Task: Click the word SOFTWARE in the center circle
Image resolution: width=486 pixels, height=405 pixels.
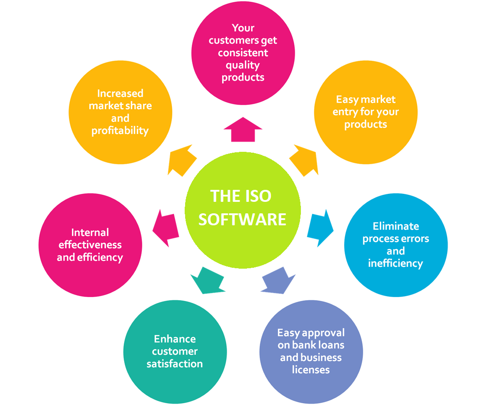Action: click(242, 219)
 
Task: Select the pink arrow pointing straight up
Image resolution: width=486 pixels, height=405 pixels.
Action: click(243, 129)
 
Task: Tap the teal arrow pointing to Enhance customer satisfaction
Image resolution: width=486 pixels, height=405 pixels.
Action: click(208, 281)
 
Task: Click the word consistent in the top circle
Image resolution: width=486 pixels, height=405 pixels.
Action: click(243, 53)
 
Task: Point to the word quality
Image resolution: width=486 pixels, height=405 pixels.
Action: click(243, 65)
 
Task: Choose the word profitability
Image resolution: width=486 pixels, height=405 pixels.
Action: click(120, 131)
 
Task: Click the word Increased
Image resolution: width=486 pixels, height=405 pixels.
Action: click(120, 93)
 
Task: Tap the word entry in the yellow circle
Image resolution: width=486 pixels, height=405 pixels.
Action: click(344, 112)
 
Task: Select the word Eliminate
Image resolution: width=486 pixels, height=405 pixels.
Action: click(395, 226)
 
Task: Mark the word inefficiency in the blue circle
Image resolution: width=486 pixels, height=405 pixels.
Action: click(395, 263)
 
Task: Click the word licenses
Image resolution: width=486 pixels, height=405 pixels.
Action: click(311, 370)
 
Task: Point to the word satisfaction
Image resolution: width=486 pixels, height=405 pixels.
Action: click(175, 364)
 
